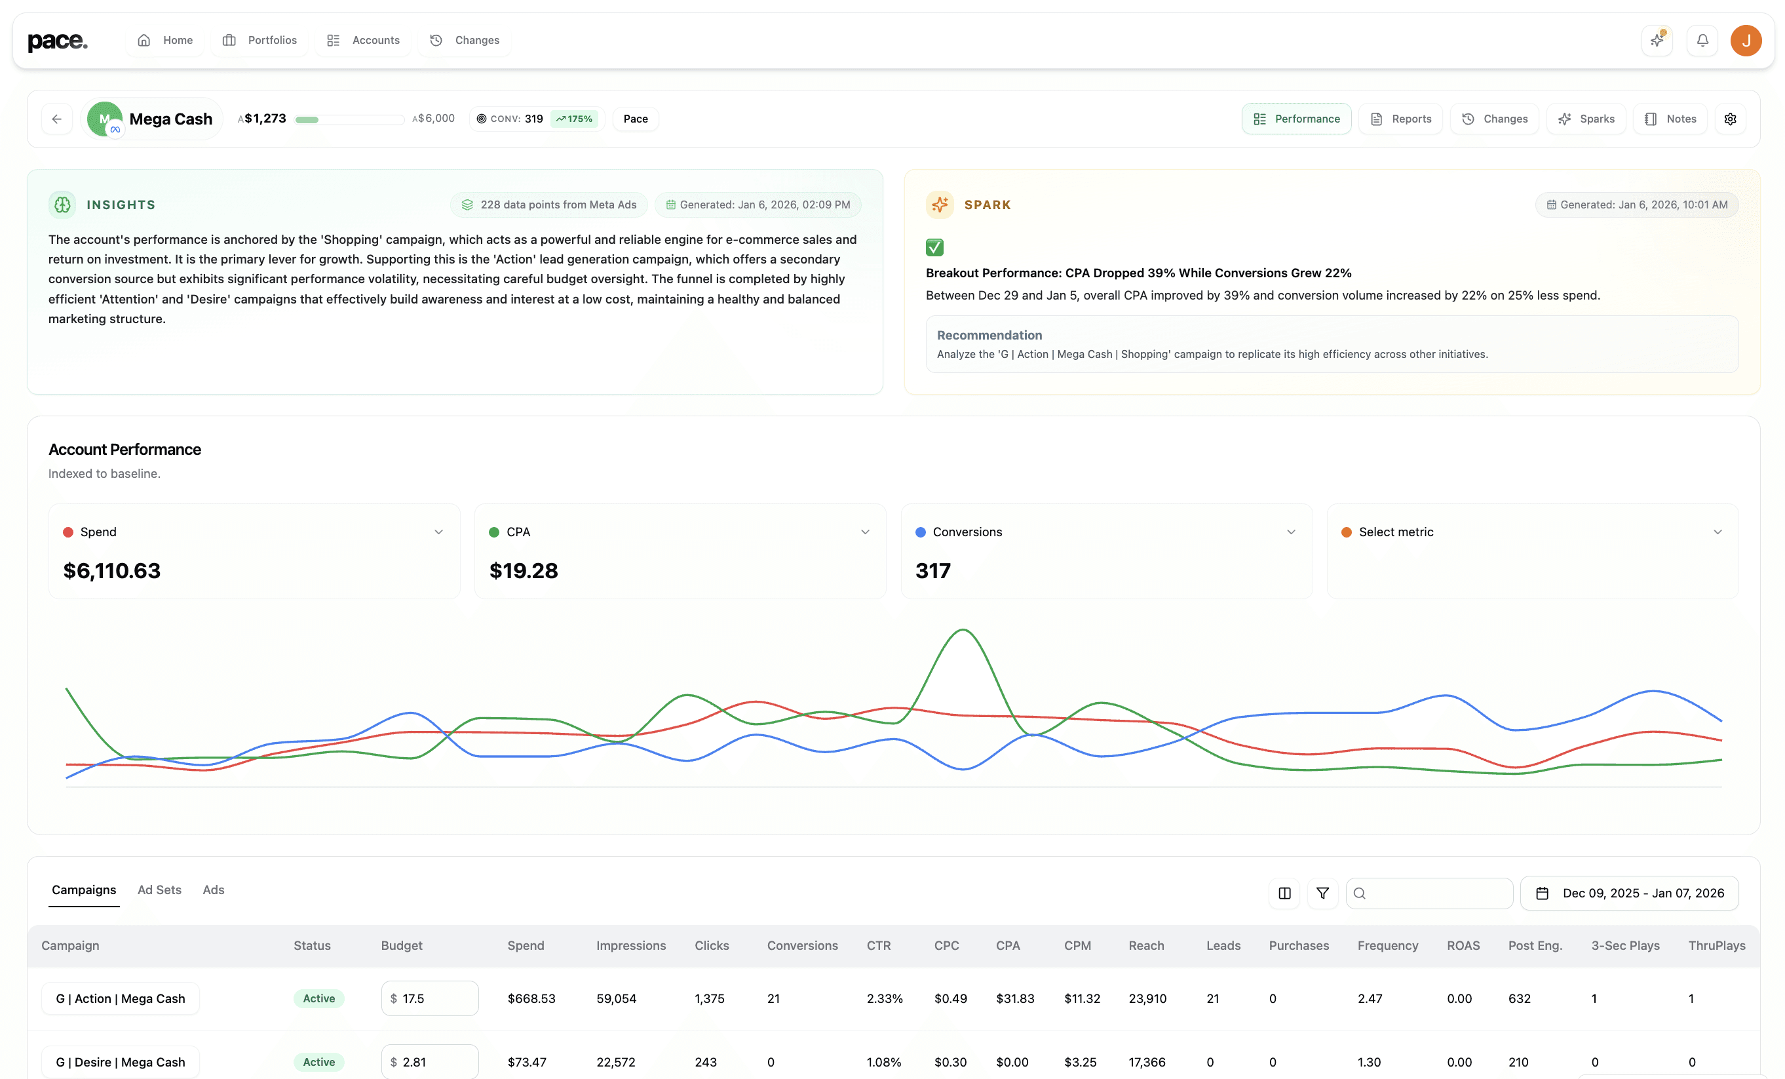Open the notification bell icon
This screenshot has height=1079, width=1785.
[1702, 41]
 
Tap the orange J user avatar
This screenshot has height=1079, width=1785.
[1746, 41]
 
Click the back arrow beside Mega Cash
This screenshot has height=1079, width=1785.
[56, 119]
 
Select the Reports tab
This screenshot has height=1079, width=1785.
[1400, 119]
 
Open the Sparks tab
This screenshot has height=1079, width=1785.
[1586, 119]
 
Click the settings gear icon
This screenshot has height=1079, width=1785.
[1730, 119]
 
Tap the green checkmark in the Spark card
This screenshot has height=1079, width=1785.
[934, 247]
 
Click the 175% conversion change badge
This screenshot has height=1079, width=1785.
[575, 119]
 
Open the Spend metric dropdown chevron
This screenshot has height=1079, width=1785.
[438, 532]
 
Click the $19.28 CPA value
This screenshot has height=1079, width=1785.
[524, 571]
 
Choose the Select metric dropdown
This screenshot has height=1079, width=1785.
[1531, 532]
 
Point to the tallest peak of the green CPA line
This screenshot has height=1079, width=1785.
[963, 630]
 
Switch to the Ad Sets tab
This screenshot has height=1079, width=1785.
[159, 890]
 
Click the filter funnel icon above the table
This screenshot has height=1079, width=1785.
[1322, 893]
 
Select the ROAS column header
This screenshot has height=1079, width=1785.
[1463, 946]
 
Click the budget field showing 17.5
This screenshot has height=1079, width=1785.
[430, 998]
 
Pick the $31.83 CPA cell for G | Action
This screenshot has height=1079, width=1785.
[1014, 998]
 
